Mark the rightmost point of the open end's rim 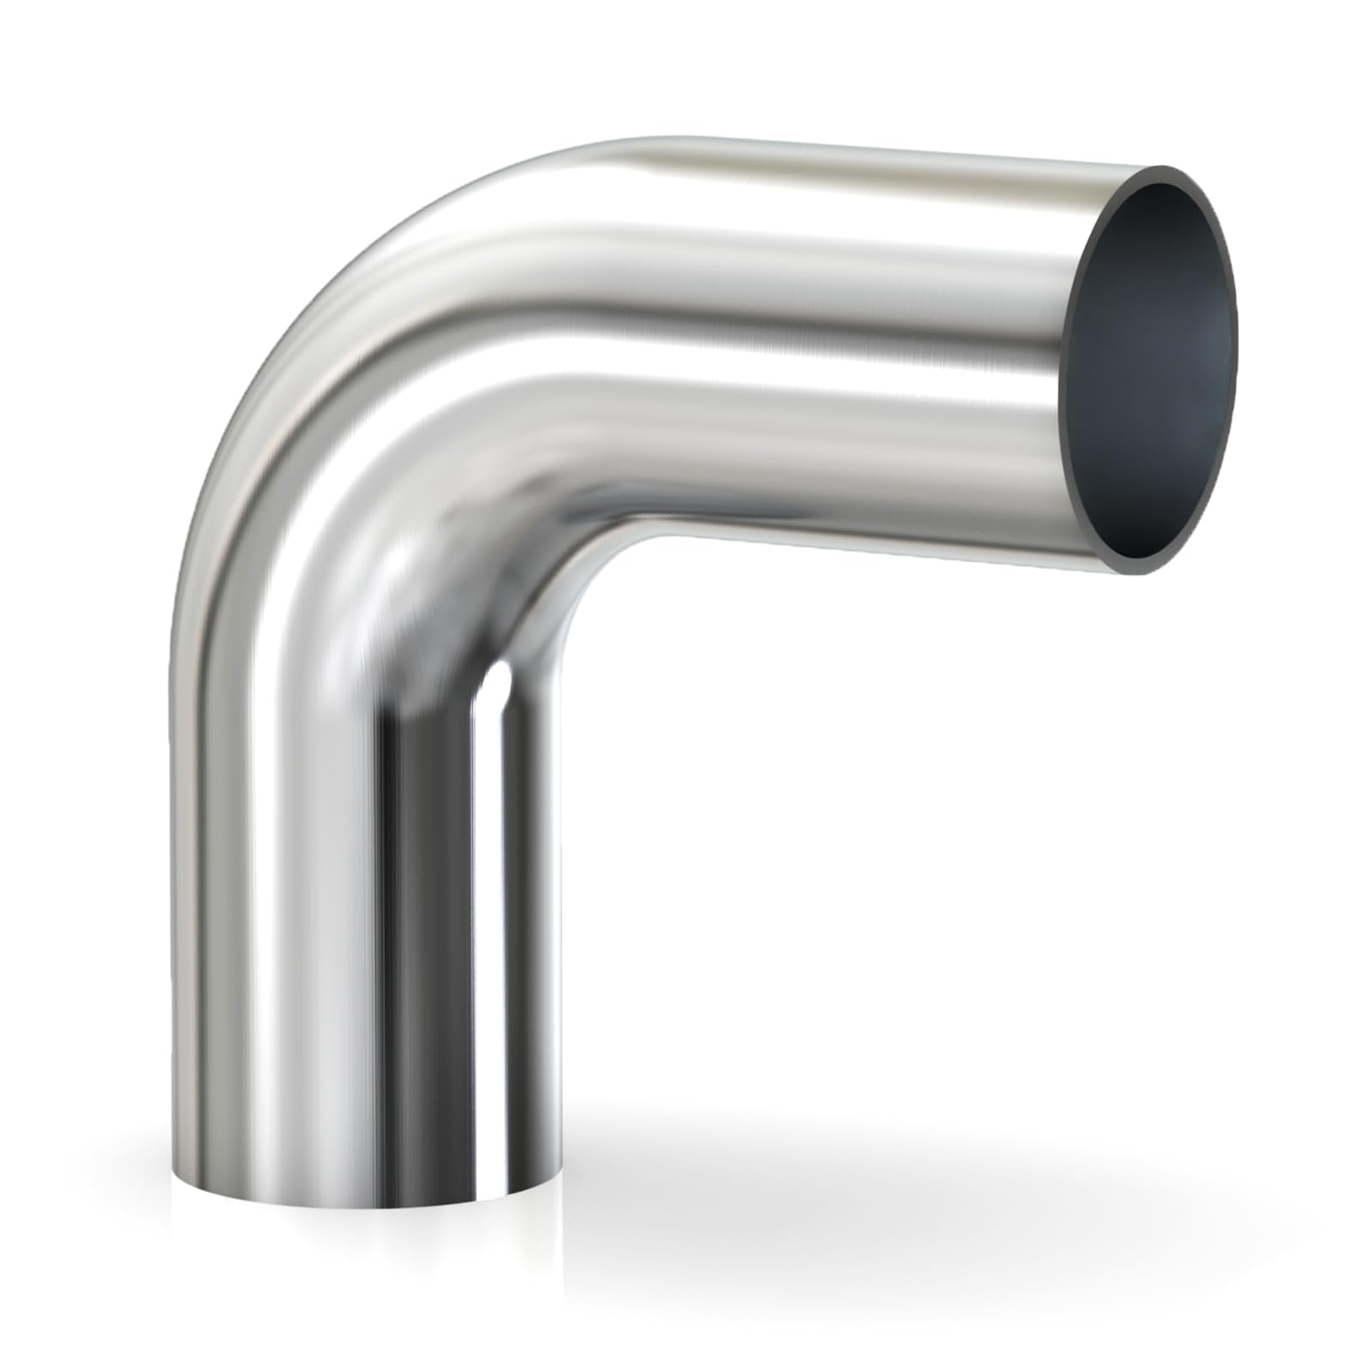coord(1238,343)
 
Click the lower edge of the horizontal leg coord(857,547)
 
